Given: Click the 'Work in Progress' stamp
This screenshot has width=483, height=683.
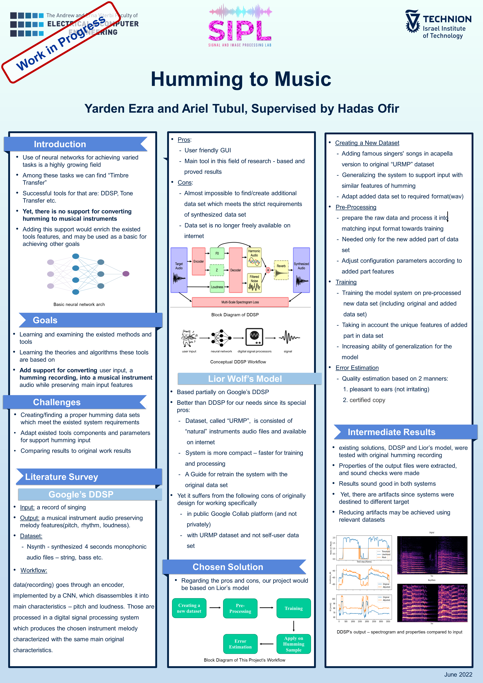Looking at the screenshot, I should click(61, 42).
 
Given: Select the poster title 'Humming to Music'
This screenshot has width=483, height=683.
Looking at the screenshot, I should click(241, 79).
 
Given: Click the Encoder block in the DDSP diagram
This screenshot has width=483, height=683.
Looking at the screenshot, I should click(198, 261).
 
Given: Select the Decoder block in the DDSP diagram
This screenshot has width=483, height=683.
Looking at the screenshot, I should click(235, 270).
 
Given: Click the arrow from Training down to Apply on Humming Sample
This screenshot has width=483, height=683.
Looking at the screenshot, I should click(294, 626).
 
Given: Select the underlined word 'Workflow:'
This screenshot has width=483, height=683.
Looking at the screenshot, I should click(34, 570).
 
